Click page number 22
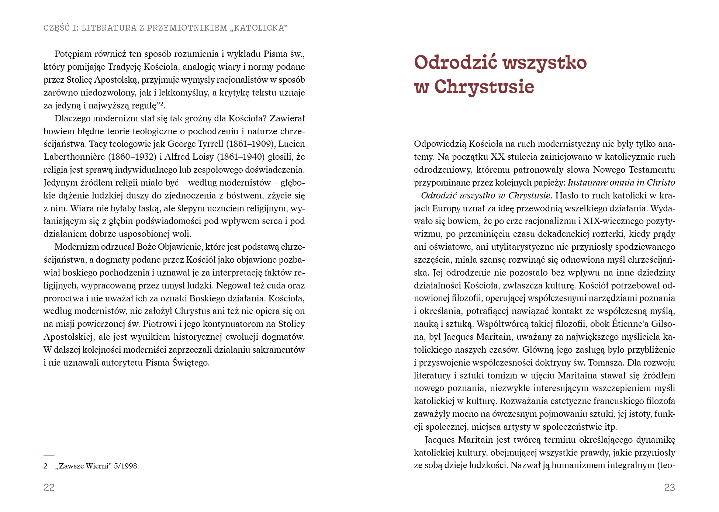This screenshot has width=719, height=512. coord(49,487)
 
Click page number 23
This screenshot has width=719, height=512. coord(669,487)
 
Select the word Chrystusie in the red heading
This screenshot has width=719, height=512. coord(484,87)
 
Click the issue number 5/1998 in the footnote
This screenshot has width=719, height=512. coord(126,466)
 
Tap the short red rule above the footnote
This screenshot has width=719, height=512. coord(49,456)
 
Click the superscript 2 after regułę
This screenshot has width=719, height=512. coord(161,104)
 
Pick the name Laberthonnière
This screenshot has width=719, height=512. coord(74,157)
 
